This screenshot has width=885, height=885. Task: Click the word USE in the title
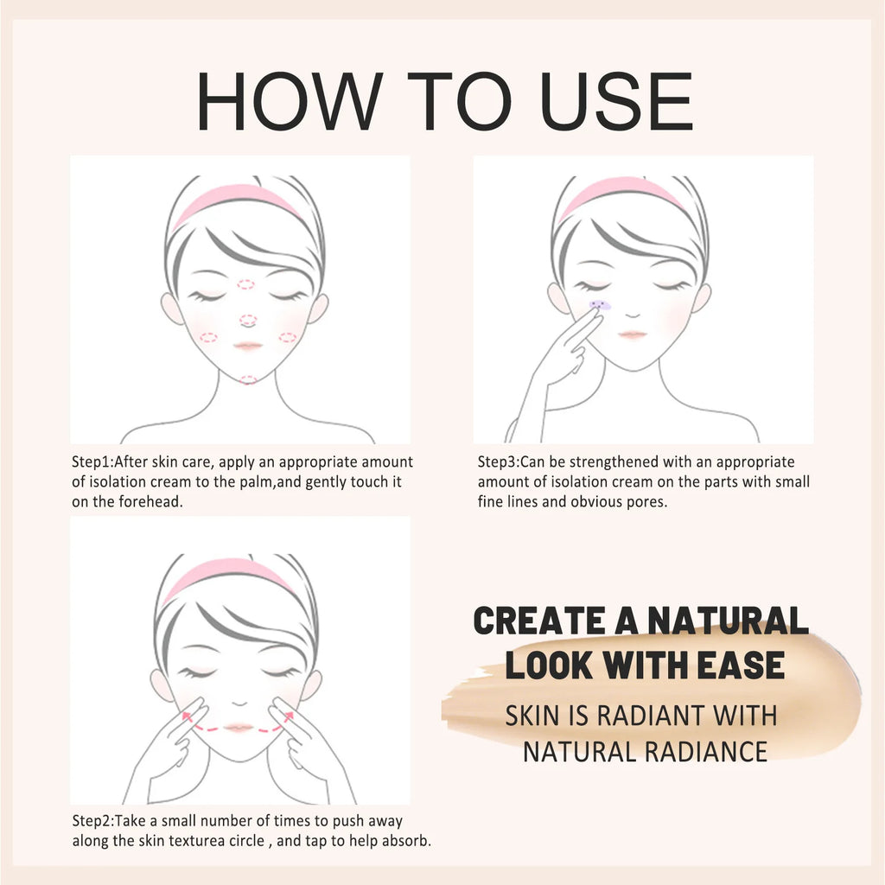(611, 102)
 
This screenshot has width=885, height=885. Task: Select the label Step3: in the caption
(498, 462)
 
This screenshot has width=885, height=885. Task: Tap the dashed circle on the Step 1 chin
(248, 379)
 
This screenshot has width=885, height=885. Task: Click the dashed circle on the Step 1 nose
(248, 321)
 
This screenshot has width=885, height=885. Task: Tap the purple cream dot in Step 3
(598, 305)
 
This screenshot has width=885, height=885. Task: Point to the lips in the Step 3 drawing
(632, 334)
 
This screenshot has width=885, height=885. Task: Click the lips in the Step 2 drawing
(238, 728)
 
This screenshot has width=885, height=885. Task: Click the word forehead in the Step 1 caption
(155, 502)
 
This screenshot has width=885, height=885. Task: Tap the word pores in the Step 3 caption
(647, 502)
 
